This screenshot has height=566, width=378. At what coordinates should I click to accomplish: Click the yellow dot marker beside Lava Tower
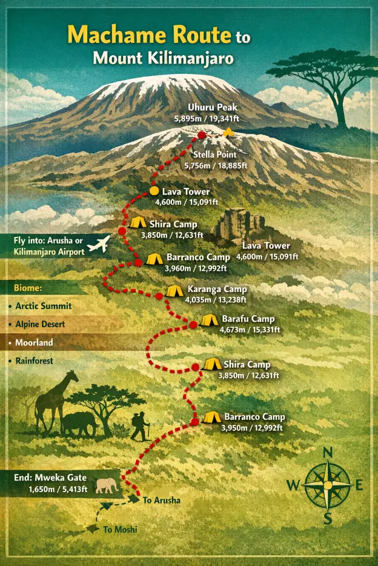154,191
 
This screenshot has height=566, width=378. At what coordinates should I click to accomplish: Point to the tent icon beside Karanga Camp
174,291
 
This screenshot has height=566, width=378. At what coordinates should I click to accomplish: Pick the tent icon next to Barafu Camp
210,319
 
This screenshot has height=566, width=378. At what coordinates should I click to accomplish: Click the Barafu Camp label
248,319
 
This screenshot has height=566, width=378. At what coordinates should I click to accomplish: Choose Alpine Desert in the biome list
41,324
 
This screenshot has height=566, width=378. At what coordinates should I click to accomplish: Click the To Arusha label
162,501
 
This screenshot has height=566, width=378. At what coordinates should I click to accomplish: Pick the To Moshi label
120,530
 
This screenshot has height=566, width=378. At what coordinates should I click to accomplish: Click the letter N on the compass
328,453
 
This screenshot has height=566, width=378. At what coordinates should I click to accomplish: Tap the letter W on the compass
292,485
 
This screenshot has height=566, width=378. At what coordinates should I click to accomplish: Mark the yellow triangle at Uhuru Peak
228,132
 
